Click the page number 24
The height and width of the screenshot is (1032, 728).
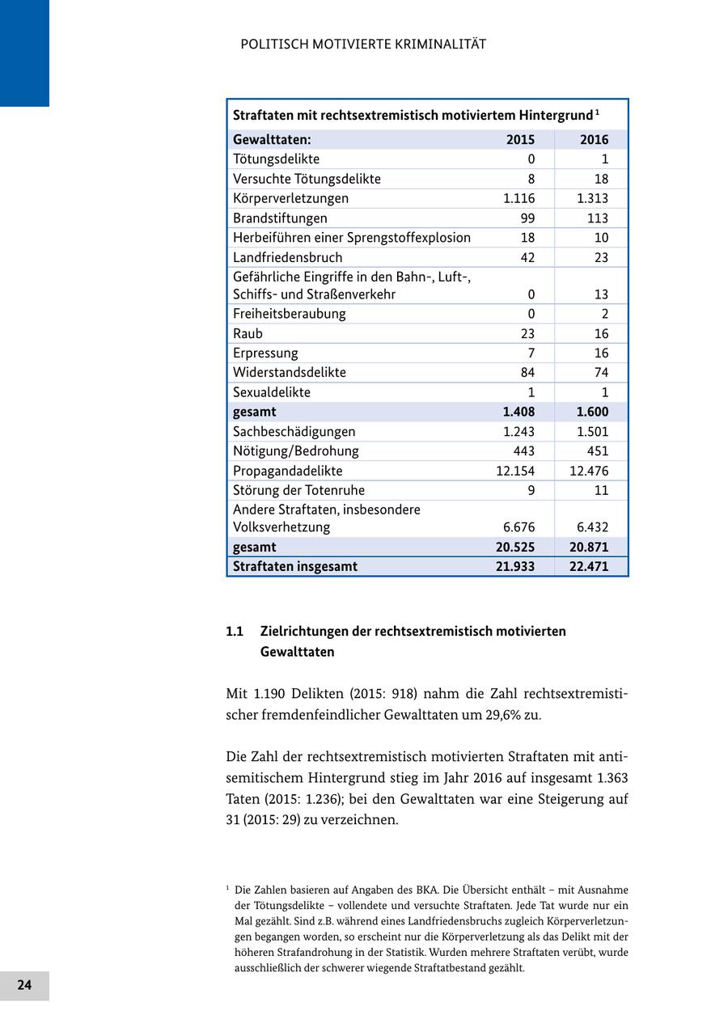tap(24, 985)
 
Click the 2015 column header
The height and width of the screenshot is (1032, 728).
tap(520, 140)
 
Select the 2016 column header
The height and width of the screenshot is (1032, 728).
tap(594, 140)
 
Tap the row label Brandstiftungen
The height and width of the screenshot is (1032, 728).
tap(280, 218)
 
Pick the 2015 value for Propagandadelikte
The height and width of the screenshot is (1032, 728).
tap(515, 471)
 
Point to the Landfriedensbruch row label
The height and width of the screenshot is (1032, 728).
tap(287, 257)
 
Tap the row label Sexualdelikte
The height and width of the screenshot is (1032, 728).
tap(271, 392)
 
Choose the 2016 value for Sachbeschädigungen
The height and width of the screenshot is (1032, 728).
tap(592, 432)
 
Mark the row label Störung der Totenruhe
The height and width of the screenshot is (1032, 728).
tap(298, 490)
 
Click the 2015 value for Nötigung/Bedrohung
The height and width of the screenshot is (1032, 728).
tap(523, 451)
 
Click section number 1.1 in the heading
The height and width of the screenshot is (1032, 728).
tap(235, 631)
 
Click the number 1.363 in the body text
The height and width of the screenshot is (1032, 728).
tap(612, 778)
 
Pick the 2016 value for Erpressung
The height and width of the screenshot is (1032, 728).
tap(599, 353)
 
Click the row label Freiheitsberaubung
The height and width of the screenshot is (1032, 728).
tap(289, 314)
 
